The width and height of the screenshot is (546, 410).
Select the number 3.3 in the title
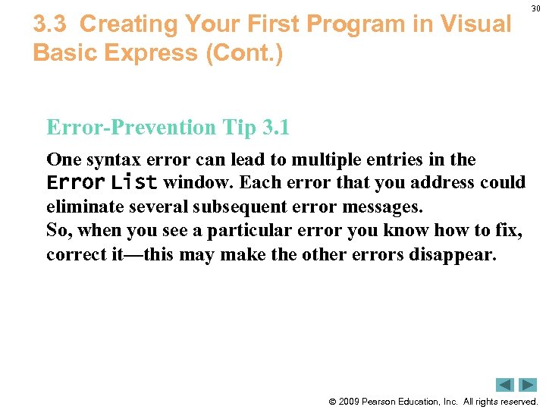[x=52, y=24]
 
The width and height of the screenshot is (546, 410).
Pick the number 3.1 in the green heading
[x=275, y=128]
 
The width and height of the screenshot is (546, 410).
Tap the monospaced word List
[x=134, y=183]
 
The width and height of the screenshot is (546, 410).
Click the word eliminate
[x=80, y=207]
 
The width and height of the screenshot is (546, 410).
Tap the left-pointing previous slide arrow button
[x=505, y=385]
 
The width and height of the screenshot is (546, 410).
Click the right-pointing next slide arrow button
[x=528, y=385]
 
